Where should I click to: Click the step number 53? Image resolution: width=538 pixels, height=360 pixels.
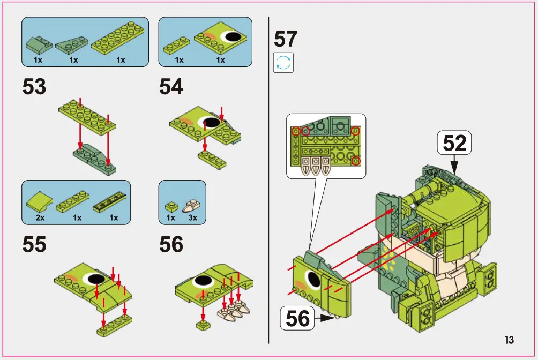click(x=34, y=87)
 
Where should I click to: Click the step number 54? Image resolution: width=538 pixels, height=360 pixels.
click(x=171, y=87)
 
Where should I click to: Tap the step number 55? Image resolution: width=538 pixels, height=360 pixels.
click(x=34, y=245)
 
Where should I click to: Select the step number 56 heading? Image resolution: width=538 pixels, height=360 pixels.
click(x=171, y=245)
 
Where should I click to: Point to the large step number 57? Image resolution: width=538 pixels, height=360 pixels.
click(x=285, y=39)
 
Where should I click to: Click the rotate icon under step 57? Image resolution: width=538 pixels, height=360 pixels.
click(x=283, y=63)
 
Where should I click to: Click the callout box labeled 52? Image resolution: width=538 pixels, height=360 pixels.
click(x=454, y=143)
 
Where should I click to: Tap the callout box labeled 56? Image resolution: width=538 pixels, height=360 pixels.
click(x=298, y=318)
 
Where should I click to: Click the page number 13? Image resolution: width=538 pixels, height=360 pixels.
click(x=509, y=340)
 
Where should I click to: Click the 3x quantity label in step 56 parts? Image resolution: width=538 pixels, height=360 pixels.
click(x=192, y=218)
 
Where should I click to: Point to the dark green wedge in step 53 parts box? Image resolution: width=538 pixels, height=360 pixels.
click(x=72, y=44)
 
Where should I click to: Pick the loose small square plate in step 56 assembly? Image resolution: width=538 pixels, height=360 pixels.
click(x=203, y=325)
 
